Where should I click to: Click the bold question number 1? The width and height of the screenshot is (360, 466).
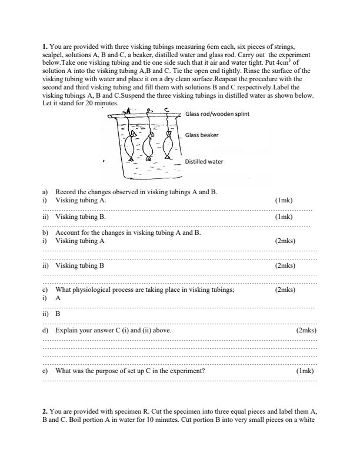coord(45,45)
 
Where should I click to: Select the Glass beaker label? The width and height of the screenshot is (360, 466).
coord(202,135)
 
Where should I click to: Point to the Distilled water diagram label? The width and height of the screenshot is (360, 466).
coord(204,161)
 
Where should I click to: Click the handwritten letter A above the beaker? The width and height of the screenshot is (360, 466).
coord(129,109)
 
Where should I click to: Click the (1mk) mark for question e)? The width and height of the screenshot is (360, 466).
coord(305,371)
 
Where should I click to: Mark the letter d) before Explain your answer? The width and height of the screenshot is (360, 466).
coord(46,331)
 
